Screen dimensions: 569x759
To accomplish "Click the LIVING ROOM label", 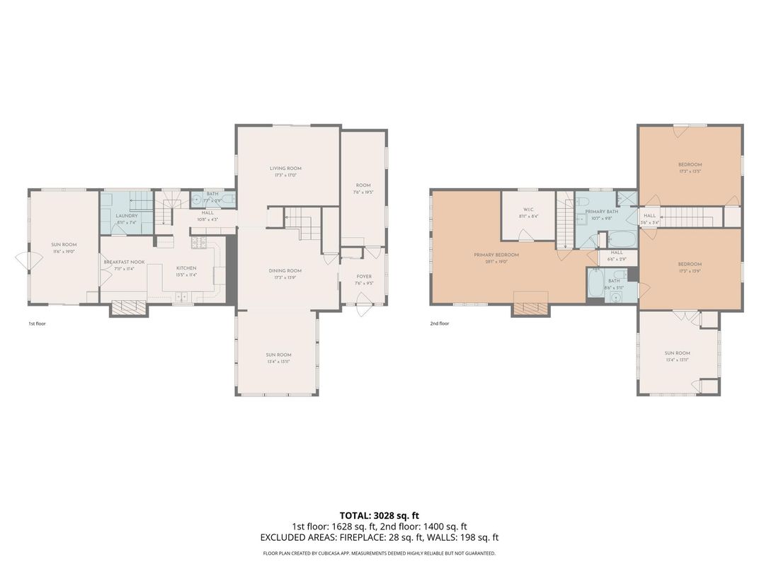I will click(285, 168).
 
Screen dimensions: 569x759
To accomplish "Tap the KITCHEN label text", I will click(186, 268).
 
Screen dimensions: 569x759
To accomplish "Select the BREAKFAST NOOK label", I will click(124, 262).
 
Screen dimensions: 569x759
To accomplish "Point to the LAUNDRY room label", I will click(127, 215).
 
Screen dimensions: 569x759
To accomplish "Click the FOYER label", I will click(363, 277).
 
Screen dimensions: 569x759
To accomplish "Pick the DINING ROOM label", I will click(285, 270).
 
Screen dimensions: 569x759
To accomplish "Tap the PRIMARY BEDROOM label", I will click(501, 255).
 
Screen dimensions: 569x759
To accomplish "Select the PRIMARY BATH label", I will click(601, 212).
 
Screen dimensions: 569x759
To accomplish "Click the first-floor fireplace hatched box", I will click(129, 307).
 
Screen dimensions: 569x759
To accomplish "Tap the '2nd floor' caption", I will click(439, 323).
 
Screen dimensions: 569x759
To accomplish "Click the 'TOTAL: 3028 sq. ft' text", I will click(379, 515).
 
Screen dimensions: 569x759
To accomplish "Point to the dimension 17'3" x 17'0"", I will click(285, 176).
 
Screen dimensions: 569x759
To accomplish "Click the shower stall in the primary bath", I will click(627, 199).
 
